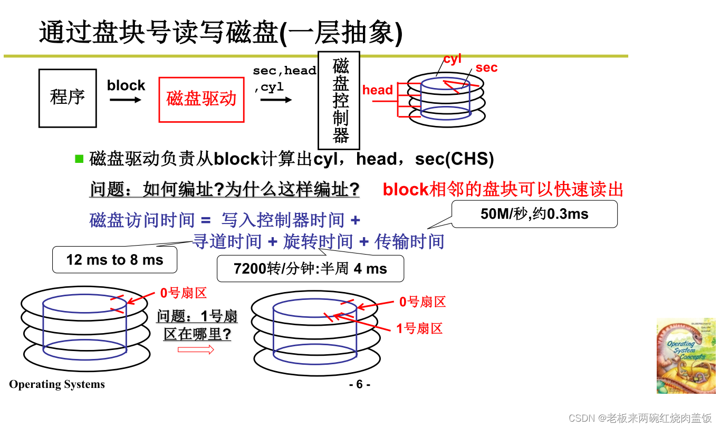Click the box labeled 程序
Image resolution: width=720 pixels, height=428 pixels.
click(68, 98)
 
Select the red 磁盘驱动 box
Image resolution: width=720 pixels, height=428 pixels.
click(201, 100)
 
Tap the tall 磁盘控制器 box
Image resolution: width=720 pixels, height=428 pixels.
click(339, 100)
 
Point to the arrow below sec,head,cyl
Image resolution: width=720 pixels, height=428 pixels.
click(275, 100)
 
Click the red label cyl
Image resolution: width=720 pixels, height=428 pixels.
click(453, 59)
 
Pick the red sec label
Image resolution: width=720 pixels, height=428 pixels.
click(486, 67)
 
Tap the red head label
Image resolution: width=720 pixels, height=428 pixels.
click(377, 90)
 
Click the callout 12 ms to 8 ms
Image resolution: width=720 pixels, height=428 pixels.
click(114, 260)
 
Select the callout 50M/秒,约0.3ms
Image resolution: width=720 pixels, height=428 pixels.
click(534, 214)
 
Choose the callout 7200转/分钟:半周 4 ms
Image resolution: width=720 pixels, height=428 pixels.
click(310, 269)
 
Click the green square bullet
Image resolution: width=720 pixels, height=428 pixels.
click(80, 158)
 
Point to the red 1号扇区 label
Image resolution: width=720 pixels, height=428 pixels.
click(419, 328)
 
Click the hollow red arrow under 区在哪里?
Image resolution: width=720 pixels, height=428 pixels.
click(196, 349)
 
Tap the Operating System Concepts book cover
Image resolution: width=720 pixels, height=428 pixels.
click(686, 356)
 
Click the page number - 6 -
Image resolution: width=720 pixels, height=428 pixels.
click(360, 384)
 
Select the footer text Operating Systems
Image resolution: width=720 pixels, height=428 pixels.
click(57, 384)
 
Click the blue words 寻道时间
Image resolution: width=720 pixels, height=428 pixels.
click(227, 241)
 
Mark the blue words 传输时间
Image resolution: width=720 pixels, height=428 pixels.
click(409, 241)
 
